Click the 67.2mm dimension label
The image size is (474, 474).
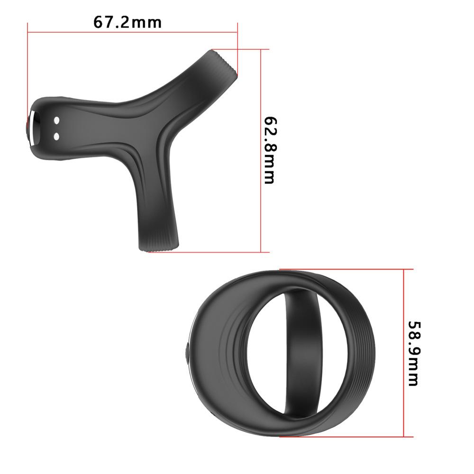coord(127,22)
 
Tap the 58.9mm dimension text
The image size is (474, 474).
coord(413,354)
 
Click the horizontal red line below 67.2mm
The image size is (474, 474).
coord(133,32)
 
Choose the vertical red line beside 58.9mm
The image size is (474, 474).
coord(403,354)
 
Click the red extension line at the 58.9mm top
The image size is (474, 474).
coord(346,269)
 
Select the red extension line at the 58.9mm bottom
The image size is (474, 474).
coord(346,437)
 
